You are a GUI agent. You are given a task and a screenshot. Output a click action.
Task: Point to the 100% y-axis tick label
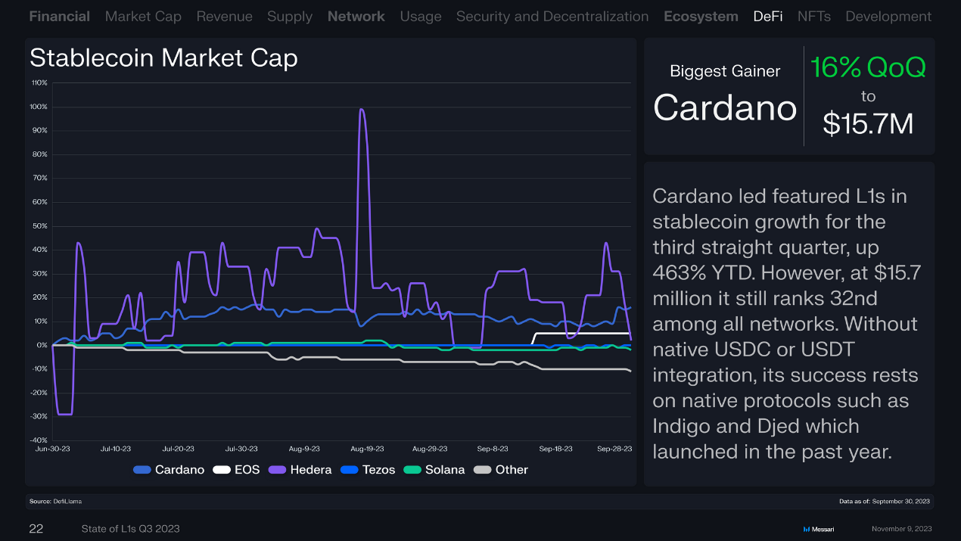coord(39,107)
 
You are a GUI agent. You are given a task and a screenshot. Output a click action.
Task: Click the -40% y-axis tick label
coord(39,440)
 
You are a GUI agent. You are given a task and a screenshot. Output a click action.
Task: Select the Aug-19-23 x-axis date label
coord(367,449)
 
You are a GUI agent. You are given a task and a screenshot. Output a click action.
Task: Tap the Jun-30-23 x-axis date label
coord(51,449)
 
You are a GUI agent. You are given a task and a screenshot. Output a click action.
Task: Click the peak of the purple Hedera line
coord(362,110)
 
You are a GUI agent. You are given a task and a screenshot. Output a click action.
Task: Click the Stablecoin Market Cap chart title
coord(163,58)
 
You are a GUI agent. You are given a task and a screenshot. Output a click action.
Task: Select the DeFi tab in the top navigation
coord(768,16)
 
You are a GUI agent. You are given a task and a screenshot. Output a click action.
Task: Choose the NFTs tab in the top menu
coord(813,16)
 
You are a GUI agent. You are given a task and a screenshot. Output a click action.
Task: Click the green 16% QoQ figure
coord(868,68)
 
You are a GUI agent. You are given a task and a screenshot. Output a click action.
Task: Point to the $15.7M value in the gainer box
coord(868,123)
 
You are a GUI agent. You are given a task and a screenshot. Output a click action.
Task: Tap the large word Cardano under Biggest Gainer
coord(725,107)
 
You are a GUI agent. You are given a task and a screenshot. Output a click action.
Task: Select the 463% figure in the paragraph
coord(679,273)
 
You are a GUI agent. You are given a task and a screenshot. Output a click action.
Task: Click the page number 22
coord(36,529)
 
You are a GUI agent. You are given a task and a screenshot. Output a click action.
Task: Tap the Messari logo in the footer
coord(818,529)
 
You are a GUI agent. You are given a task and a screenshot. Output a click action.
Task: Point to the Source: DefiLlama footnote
coord(55,501)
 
